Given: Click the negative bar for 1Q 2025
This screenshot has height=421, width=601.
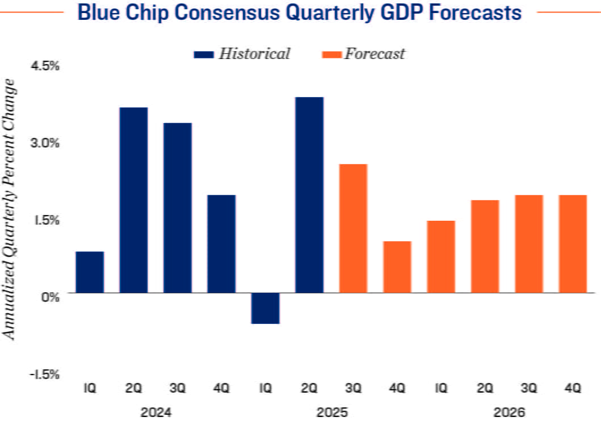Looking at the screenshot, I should tap(265, 308).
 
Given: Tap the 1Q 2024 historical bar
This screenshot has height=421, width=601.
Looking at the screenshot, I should tap(90, 272).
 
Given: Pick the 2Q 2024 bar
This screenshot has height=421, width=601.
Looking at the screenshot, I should tap(133, 200).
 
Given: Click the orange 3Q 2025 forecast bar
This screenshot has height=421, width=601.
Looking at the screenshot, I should tap(353, 228).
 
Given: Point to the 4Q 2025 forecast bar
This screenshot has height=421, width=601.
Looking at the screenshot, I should tap(397, 267).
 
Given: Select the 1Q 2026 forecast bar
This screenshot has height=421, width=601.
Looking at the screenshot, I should tap(441, 256).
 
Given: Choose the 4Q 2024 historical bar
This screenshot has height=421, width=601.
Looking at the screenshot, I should tap(221, 243).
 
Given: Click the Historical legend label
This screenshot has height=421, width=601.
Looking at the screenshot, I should tap(254, 54).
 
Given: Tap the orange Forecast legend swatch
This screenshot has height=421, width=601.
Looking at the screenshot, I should tap(331, 54).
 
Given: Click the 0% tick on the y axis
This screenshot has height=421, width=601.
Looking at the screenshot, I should tap(52, 296).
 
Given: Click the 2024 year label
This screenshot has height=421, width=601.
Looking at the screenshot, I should tap(155, 411).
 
